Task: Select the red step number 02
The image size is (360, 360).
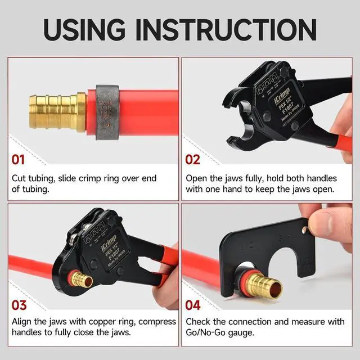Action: (193, 160)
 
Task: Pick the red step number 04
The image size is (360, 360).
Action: (193, 305)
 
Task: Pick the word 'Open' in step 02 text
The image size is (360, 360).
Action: (198, 178)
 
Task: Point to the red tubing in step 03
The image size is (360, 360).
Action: (34, 268)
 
